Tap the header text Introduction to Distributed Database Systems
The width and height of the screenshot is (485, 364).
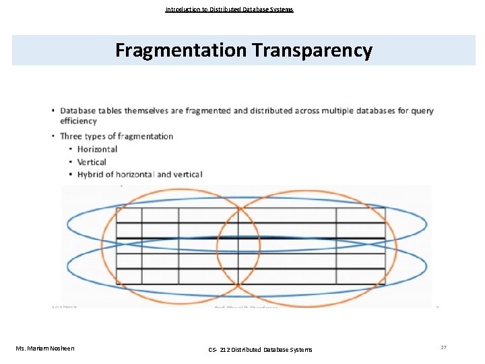pos(229,9)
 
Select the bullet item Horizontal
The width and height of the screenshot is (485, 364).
pos(97,149)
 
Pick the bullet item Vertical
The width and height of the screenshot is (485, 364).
pos(92,162)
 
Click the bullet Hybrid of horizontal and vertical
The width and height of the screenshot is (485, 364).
pos(139,175)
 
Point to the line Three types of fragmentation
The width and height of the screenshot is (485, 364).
pos(117,136)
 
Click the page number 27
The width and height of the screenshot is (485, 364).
pos(443,347)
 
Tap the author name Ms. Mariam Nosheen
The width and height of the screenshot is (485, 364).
pos(46,348)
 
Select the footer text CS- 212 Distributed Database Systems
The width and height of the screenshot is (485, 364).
pos(260,348)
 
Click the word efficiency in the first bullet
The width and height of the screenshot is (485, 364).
pos(78,121)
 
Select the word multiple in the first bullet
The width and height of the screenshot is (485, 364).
pos(323,111)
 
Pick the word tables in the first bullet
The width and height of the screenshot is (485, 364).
pos(110,111)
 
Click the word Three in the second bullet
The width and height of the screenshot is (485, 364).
pos(70,136)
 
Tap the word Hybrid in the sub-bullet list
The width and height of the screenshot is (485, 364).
pos(90,175)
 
